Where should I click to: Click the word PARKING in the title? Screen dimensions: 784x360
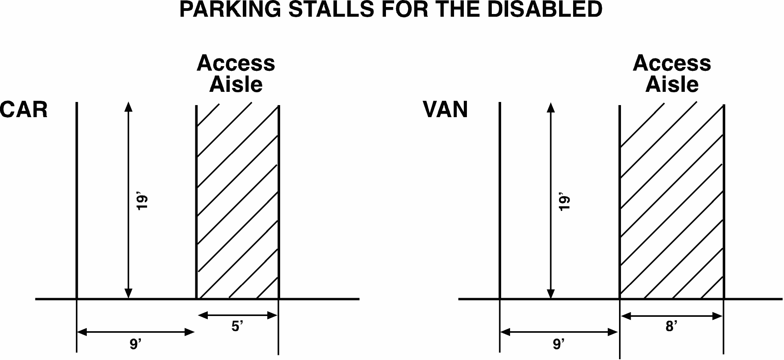click(x=230, y=9)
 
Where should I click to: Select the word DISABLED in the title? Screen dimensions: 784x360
click(x=545, y=9)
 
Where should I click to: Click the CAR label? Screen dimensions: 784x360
click(x=24, y=110)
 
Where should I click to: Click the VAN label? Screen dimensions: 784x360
click(x=445, y=110)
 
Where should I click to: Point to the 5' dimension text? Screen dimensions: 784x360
click(x=237, y=326)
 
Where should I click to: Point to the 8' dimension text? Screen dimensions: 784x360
click(x=672, y=326)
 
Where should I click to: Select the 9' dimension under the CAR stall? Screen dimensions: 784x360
click(x=135, y=344)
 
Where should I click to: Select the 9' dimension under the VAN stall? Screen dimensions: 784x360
click(x=559, y=344)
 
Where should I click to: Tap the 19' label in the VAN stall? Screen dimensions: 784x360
click(x=565, y=202)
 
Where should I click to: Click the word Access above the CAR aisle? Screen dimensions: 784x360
click(x=236, y=63)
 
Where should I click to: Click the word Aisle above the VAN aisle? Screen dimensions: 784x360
click(x=672, y=84)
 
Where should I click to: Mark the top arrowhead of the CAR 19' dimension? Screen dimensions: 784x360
click(x=128, y=107)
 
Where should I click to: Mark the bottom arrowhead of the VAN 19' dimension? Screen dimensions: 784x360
click(x=551, y=294)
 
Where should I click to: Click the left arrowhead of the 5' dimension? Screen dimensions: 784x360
click(x=203, y=315)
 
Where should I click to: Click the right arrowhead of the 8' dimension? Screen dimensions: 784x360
click(x=717, y=316)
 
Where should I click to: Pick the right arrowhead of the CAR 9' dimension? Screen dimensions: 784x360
click(x=189, y=332)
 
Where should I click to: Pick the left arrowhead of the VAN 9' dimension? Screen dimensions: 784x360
click(x=505, y=332)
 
